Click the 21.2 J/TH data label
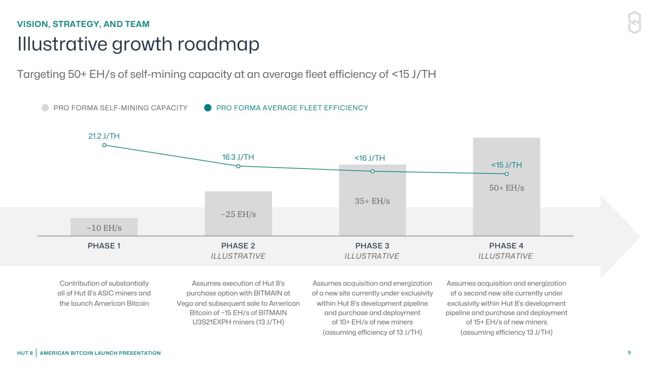pyautogui.click(x=104, y=136)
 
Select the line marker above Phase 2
pyautogui.click(x=239, y=166)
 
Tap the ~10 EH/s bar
pyautogui.click(x=104, y=227)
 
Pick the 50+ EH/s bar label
pyautogui.click(x=507, y=188)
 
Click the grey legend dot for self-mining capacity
pyautogui.click(x=45, y=108)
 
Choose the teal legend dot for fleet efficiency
pyautogui.click(x=208, y=108)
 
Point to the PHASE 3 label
pyautogui.click(x=372, y=246)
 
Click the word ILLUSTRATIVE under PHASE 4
pyautogui.click(x=506, y=256)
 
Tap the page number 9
pyautogui.click(x=629, y=353)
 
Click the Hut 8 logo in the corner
pyautogui.click(x=634, y=23)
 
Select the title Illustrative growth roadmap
pyautogui.click(x=138, y=45)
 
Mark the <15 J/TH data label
pyautogui.click(x=507, y=165)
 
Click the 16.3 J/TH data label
pyautogui.click(x=238, y=157)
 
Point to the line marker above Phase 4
pyautogui.click(x=507, y=174)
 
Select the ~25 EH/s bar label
pyautogui.click(x=238, y=214)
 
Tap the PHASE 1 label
pyautogui.click(x=104, y=246)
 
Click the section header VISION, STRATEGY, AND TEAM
pyautogui.click(x=83, y=24)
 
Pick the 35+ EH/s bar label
pyautogui.click(x=372, y=201)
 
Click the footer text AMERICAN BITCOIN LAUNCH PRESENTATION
pyautogui.click(x=100, y=353)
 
